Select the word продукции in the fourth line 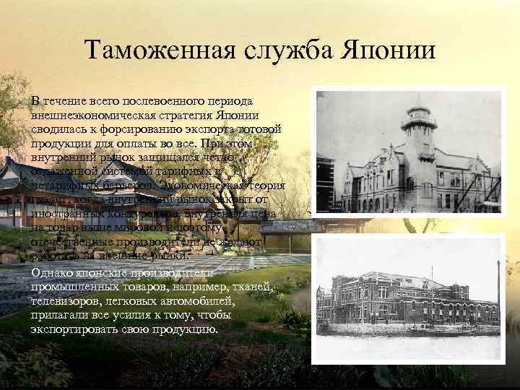click(61, 142)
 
